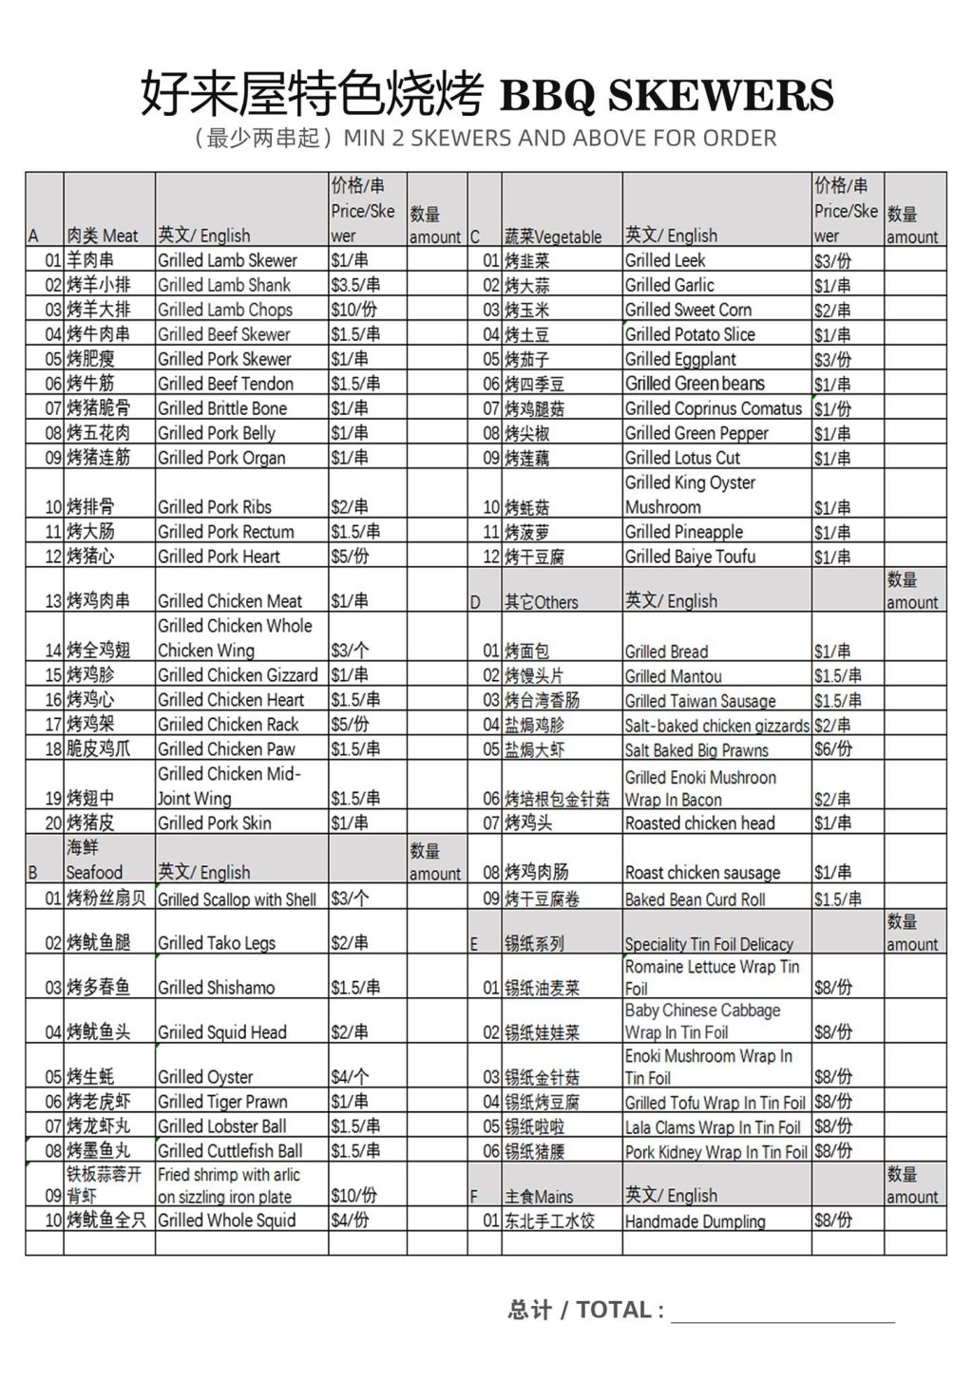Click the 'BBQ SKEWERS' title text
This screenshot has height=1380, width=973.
666,95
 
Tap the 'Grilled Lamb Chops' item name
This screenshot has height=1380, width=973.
225,310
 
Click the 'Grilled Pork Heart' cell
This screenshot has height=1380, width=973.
219,557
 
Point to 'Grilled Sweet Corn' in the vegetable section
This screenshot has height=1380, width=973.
688,310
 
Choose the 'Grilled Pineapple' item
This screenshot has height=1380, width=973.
684,532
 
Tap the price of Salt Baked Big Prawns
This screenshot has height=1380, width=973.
833,749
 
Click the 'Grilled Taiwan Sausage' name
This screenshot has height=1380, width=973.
700,701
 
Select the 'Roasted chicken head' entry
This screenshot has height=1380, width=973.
699,823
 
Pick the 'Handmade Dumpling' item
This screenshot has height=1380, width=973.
695,1221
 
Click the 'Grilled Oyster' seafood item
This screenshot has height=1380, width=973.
205,1077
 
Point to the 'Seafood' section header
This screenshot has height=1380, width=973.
94,872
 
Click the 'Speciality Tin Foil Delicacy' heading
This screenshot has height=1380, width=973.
709,944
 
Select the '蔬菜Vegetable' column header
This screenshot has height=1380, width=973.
553,236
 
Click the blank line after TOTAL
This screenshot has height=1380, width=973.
782,1312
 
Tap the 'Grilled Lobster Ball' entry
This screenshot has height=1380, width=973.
221,1126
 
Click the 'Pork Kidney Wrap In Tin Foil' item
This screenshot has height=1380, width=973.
715,1152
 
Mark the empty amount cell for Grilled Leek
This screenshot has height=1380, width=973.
914,260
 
